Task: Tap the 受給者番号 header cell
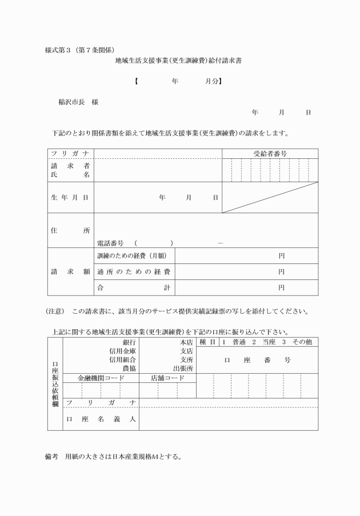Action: [x=270, y=154]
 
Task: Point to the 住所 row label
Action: [x=70, y=230]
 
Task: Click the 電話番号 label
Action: [x=113, y=243]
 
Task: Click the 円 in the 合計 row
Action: [x=281, y=287]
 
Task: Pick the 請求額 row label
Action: [x=70, y=271]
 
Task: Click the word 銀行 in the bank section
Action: [x=130, y=342]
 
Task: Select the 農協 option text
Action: [x=130, y=368]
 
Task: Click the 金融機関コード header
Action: [x=101, y=378]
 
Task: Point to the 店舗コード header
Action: [x=167, y=378]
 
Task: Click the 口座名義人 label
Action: [x=101, y=419]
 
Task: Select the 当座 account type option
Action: [x=267, y=342]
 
